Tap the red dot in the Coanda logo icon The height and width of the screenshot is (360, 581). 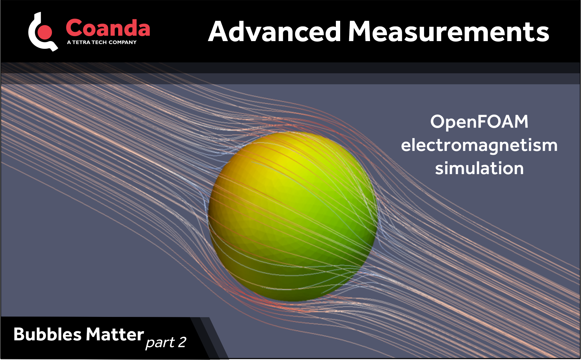coord(45,32)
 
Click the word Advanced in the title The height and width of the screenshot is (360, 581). coord(274,32)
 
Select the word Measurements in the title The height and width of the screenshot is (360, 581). coord(449,32)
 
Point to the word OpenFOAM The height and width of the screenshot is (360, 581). coord(479,122)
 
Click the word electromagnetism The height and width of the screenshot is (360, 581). coord(479,145)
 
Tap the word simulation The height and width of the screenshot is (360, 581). coord(479,168)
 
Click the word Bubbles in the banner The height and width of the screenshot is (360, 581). coord(47,334)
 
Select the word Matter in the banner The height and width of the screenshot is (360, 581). coord(115,334)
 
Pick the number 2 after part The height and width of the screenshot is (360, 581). coord(182,342)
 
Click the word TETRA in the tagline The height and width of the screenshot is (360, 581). coord(81,42)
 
